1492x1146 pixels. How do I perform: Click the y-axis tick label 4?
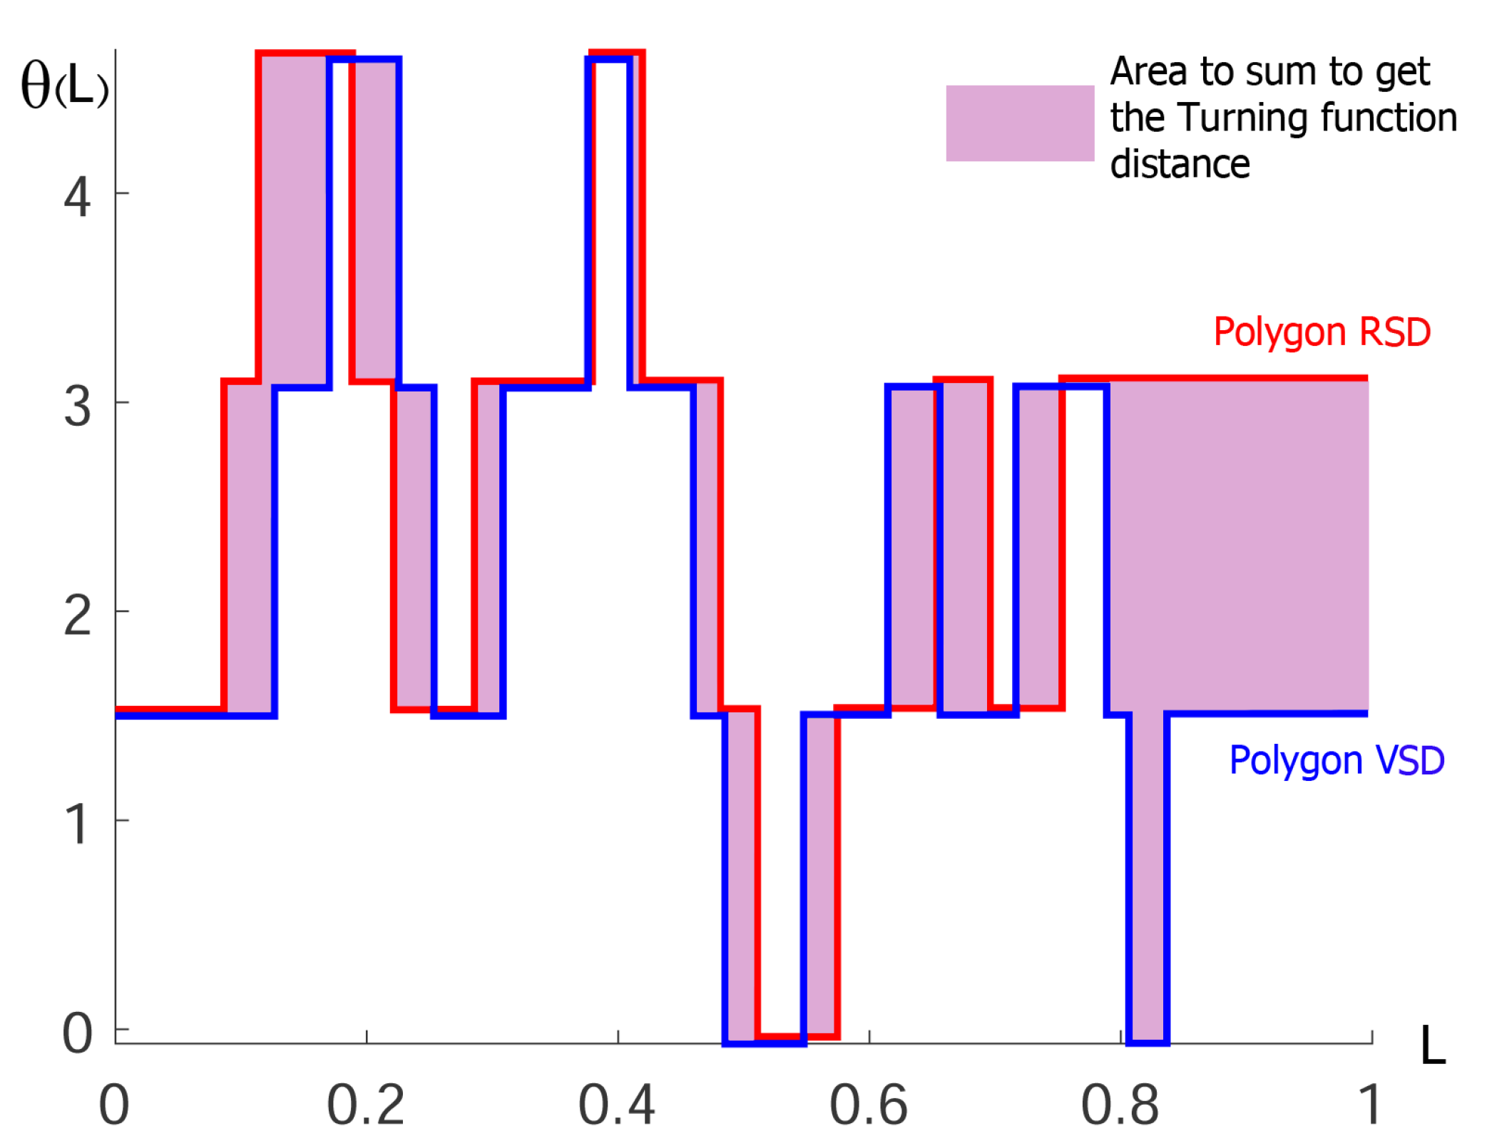[x=77, y=198]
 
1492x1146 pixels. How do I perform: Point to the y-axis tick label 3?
[x=77, y=407]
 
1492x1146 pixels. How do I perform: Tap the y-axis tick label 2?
[x=77, y=615]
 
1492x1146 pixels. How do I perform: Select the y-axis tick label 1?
[x=77, y=824]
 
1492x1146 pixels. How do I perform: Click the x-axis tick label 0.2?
[x=366, y=1105]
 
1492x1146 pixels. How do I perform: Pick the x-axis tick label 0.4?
[x=617, y=1105]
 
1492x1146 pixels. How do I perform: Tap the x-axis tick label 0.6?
[x=869, y=1105]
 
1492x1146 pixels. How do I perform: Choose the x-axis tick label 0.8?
[x=1120, y=1105]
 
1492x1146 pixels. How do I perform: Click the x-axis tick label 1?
[x=1369, y=1105]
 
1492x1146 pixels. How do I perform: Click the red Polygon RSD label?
[x=1322, y=332]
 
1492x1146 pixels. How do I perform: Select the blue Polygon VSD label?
[x=1337, y=760]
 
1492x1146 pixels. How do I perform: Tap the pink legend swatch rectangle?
[x=1020, y=123]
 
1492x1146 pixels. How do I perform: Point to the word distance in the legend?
[x=1180, y=165]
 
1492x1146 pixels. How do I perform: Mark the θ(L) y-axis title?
[x=64, y=86]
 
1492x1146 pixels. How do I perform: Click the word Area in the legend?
[x=1148, y=71]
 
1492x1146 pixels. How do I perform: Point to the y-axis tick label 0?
[x=77, y=1033]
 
